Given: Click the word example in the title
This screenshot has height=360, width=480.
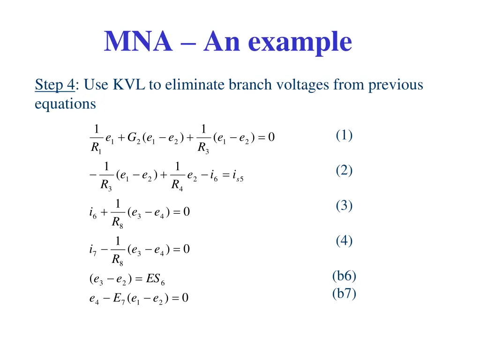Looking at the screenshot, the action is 300,43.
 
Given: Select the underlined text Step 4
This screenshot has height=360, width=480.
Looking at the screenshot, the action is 54,85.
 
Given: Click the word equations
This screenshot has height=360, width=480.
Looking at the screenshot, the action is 65,104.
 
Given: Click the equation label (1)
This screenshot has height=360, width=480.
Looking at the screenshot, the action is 344,135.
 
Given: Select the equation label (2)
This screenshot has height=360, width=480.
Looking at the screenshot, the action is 344,171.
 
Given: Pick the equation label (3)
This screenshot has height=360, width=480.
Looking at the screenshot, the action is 344,205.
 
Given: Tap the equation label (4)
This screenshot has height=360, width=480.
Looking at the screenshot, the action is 344,241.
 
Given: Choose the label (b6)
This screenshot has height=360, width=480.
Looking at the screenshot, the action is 344,276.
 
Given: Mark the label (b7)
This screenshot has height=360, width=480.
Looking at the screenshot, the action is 344,294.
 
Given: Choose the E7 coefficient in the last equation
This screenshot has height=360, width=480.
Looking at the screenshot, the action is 119,298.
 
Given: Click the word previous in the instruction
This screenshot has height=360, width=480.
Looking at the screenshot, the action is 396,85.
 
